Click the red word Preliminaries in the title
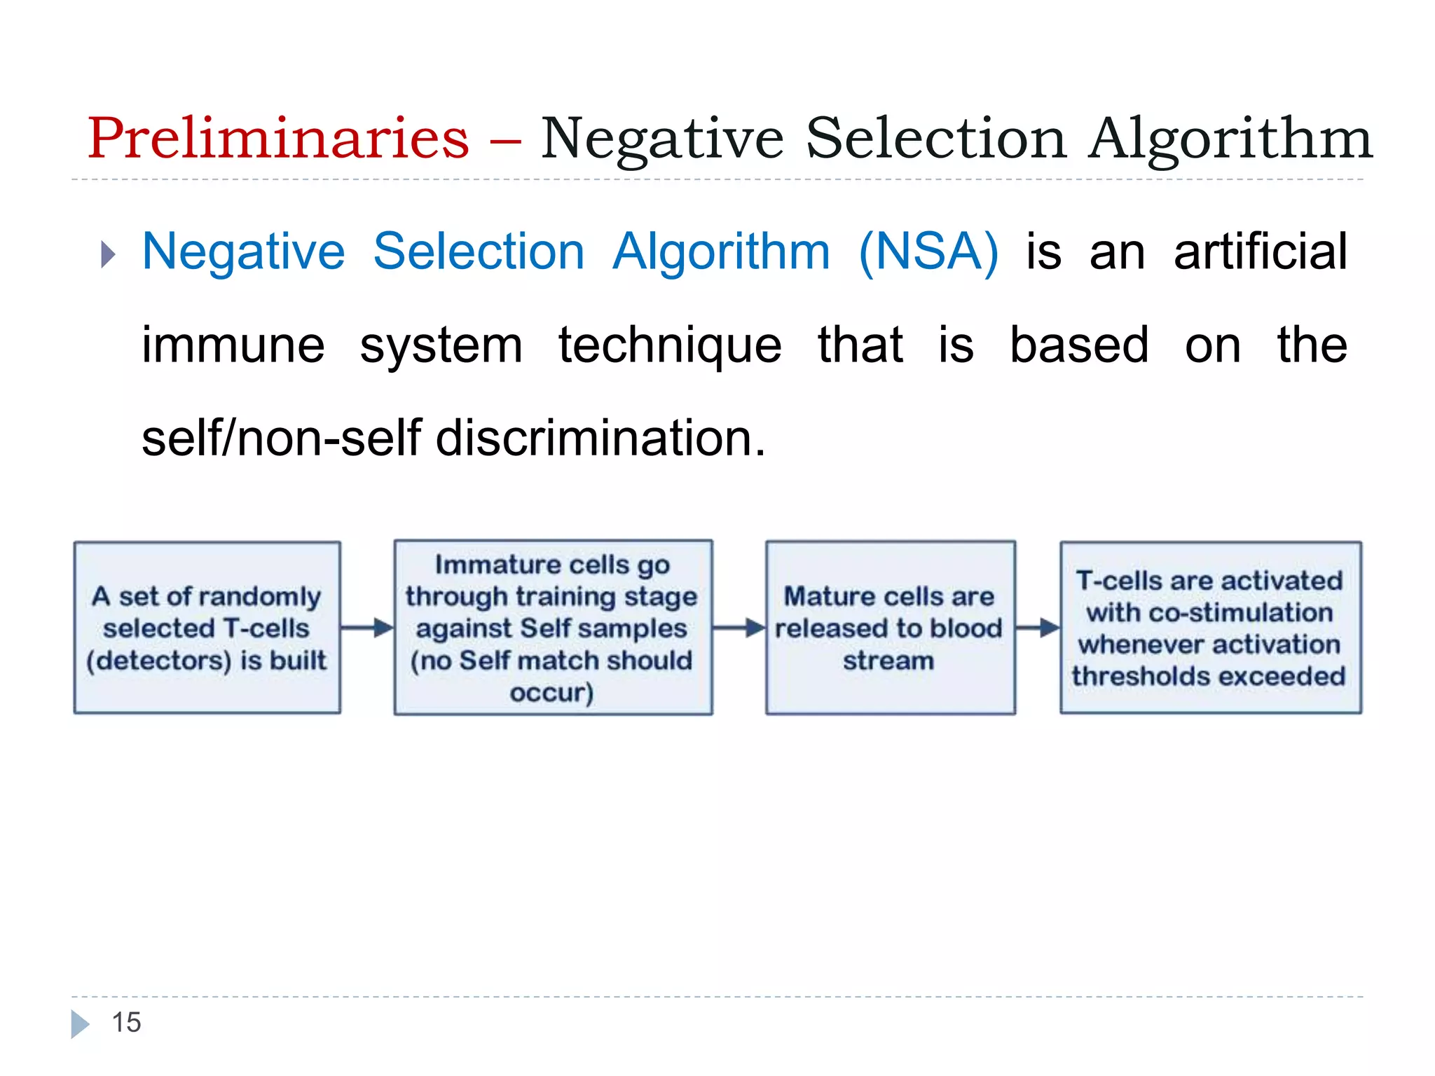[278, 138]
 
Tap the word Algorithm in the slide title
[1230, 139]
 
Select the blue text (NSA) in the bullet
[928, 252]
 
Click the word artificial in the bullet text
[1260, 252]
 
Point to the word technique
[670, 345]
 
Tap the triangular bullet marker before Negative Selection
[107, 254]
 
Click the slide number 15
[126, 1023]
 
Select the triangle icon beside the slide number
[80, 1023]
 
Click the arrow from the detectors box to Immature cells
[367, 628]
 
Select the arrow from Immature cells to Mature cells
[739, 628]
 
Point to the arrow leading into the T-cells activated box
[1038, 628]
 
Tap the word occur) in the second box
[552, 693]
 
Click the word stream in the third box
[888, 661]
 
